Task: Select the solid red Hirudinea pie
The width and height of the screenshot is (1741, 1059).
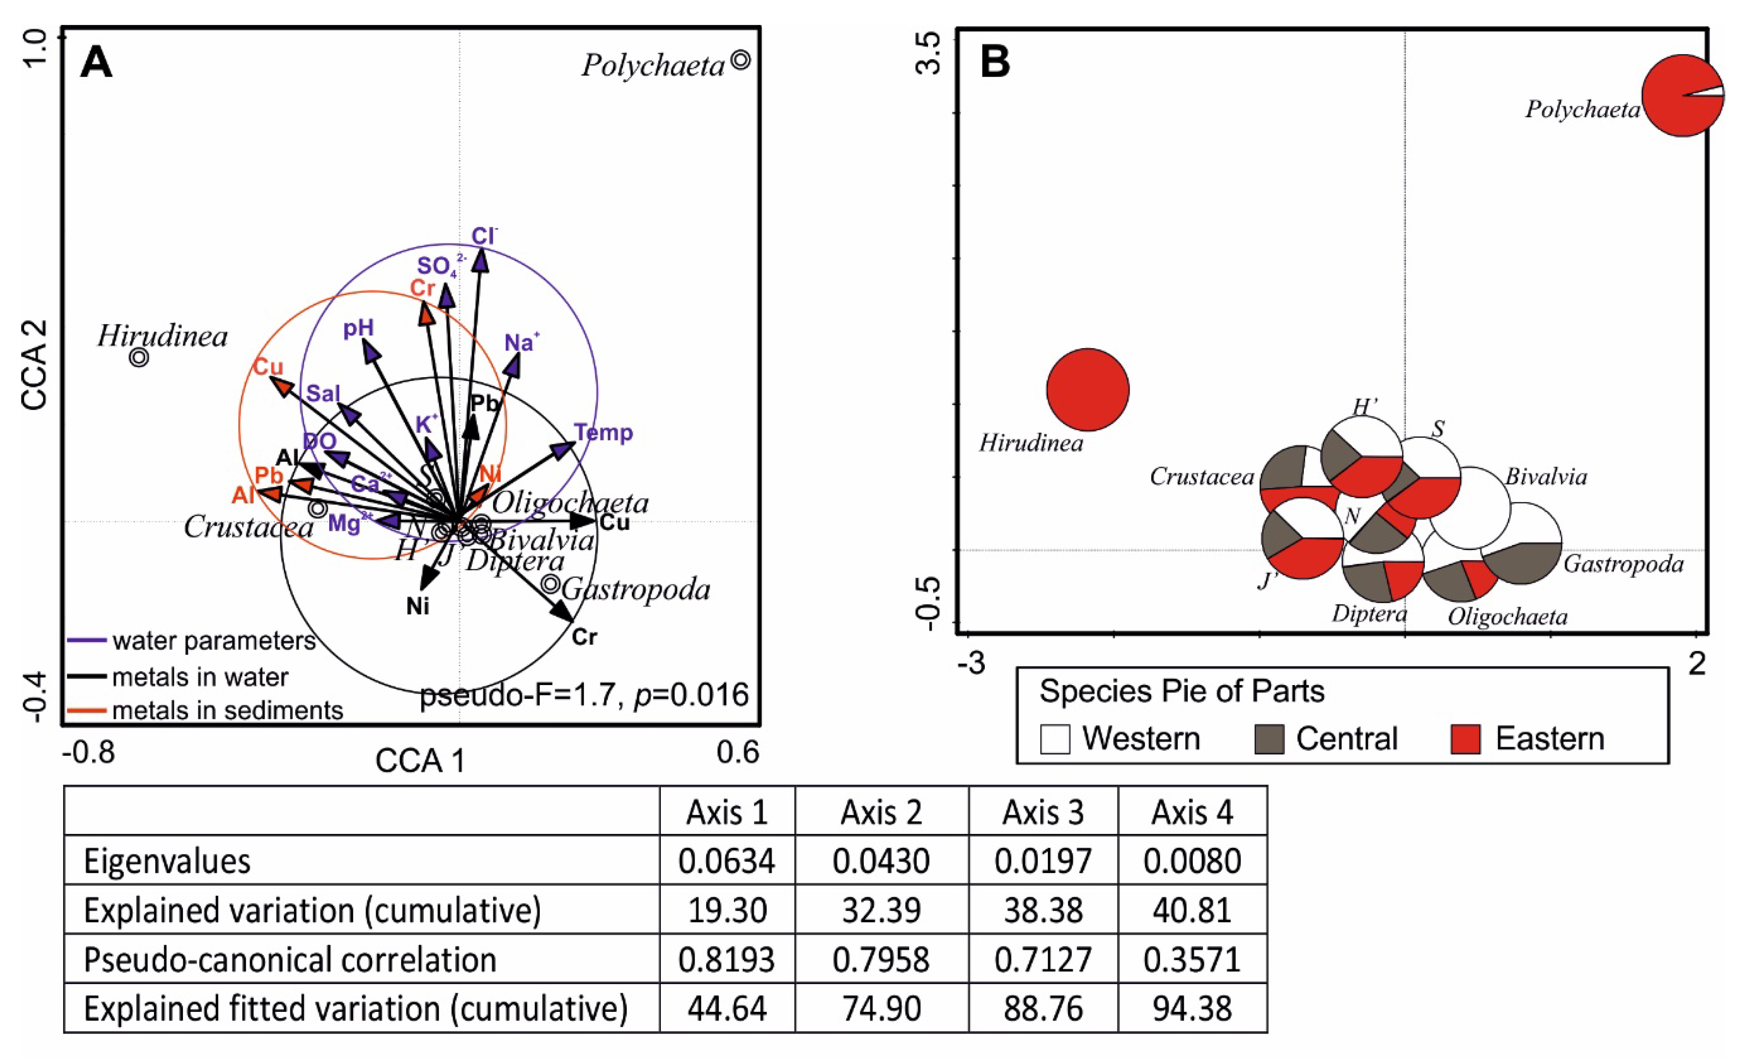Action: (1087, 389)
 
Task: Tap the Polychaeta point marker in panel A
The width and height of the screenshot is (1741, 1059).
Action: (740, 60)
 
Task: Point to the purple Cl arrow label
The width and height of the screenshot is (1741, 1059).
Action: (484, 236)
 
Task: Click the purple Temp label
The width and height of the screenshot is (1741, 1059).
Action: (603, 432)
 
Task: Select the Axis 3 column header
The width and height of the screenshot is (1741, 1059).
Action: (1043, 813)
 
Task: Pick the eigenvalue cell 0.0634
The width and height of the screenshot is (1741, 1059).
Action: (727, 861)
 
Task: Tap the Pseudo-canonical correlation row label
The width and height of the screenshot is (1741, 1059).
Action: (290, 960)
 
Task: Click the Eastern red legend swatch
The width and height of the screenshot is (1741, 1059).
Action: (1466, 740)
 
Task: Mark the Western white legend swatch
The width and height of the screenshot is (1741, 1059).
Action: (1055, 740)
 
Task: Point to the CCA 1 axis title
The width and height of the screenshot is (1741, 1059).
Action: (420, 761)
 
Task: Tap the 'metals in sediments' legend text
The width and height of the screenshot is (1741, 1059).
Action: (227, 710)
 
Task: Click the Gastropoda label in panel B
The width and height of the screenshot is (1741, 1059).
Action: (1623, 564)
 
